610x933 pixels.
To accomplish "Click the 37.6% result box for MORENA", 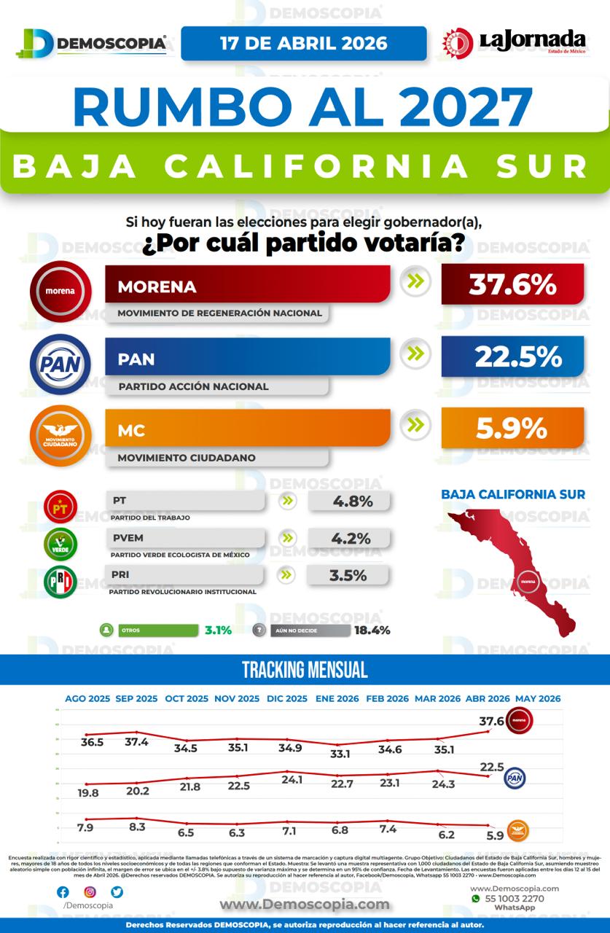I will [512, 284].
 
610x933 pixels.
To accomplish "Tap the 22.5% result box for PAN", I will [512, 356].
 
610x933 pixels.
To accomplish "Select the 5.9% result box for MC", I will [512, 428].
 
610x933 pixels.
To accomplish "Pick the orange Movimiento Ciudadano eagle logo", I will [60, 436].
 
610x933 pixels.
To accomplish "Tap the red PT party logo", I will [60, 507].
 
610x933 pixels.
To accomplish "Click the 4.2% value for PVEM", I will [351, 539].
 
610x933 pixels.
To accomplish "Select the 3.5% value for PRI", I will [348, 575].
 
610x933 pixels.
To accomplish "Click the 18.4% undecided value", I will [372, 630].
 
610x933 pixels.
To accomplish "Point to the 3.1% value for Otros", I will [218, 630].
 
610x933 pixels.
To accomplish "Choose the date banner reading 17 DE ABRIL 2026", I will [304, 43].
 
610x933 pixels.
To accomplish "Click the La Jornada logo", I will [514, 43].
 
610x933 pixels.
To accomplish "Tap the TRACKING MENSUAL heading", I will [305, 670].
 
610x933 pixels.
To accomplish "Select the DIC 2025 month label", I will [286, 698].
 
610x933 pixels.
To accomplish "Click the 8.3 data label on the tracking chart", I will [137, 827].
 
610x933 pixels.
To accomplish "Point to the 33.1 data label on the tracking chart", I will [339, 754].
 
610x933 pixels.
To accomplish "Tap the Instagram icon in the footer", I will [90, 891].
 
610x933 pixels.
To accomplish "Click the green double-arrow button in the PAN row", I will [415, 354].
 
